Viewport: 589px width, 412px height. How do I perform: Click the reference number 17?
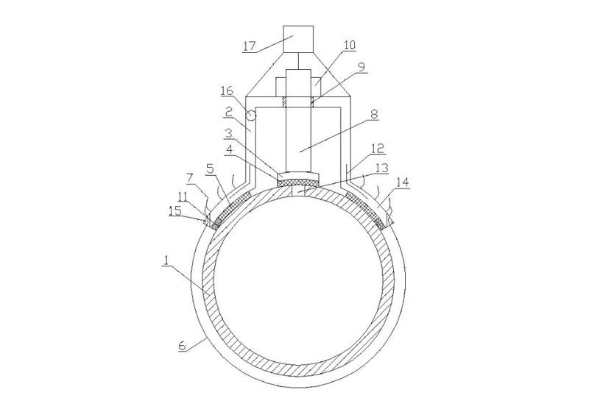pyautogui.click(x=250, y=46)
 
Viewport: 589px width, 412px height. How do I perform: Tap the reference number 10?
pyautogui.click(x=349, y=45)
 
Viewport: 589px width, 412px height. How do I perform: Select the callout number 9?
pyautogui.click(x=361, y=67)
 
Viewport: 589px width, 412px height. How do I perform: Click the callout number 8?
pyautogui.click(x=374, y=114)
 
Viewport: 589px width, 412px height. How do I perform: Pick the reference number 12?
pyautogui.click(x=378, y=148)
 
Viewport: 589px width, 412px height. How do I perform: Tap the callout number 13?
pyautogui.click(x=381, y=168)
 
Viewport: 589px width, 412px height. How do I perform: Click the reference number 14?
pyautogui.click(x=402, y=182)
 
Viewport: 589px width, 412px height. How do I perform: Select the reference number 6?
pyautogui.click(x=182, y=346)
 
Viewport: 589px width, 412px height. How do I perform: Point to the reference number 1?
pyautogui.click(x=166, y=260)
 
